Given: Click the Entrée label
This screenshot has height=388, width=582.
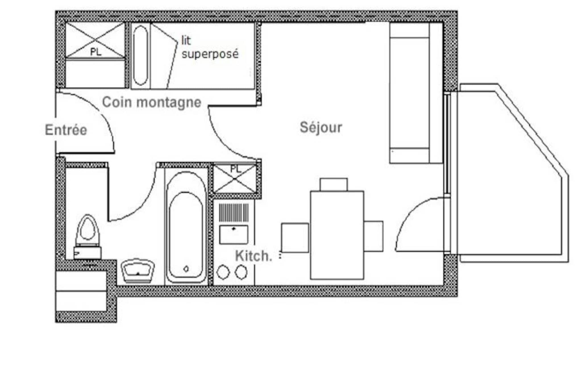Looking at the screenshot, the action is pos(66,130).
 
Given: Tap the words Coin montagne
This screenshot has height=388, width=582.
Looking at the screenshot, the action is pos(152,102).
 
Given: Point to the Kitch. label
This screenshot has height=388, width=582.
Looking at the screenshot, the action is pos(253,256).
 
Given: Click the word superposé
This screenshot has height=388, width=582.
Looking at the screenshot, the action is pos(210,54).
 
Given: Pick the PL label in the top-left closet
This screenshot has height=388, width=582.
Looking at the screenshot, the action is pos(96,52).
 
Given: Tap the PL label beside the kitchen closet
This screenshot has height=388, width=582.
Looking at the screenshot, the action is pos(236,169).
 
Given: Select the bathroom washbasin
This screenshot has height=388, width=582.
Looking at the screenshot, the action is pos(138,271).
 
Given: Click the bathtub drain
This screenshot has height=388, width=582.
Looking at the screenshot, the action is pos(186,269).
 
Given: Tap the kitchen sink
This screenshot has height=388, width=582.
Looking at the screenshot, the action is pos(234,235).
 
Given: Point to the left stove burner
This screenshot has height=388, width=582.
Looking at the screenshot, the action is pos(223,272).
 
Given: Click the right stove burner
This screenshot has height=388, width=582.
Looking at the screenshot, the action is pos(241,272).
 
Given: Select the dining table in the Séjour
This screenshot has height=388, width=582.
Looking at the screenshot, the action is pos(337,235).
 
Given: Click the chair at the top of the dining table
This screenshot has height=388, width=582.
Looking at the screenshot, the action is pos(334,184).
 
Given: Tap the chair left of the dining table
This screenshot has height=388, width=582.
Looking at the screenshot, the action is pos(295,238).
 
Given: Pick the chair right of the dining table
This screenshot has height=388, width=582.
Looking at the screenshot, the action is pos(373,236).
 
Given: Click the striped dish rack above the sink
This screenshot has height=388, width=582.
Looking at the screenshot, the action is pos(233,212).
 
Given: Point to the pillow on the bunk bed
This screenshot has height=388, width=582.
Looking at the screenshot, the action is pos(140,55).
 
